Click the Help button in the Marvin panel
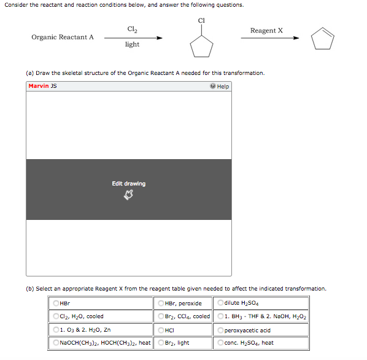220,87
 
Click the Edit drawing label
129,184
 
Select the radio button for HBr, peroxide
161,303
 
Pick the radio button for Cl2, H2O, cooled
56,316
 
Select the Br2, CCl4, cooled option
161,316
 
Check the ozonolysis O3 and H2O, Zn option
56,330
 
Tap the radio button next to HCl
161,330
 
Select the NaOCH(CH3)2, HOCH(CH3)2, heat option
56,343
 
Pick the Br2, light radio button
161,343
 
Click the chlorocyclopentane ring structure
201,45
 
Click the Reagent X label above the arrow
266,30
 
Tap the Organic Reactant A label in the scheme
63,37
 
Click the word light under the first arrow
132,44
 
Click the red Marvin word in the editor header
39,86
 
